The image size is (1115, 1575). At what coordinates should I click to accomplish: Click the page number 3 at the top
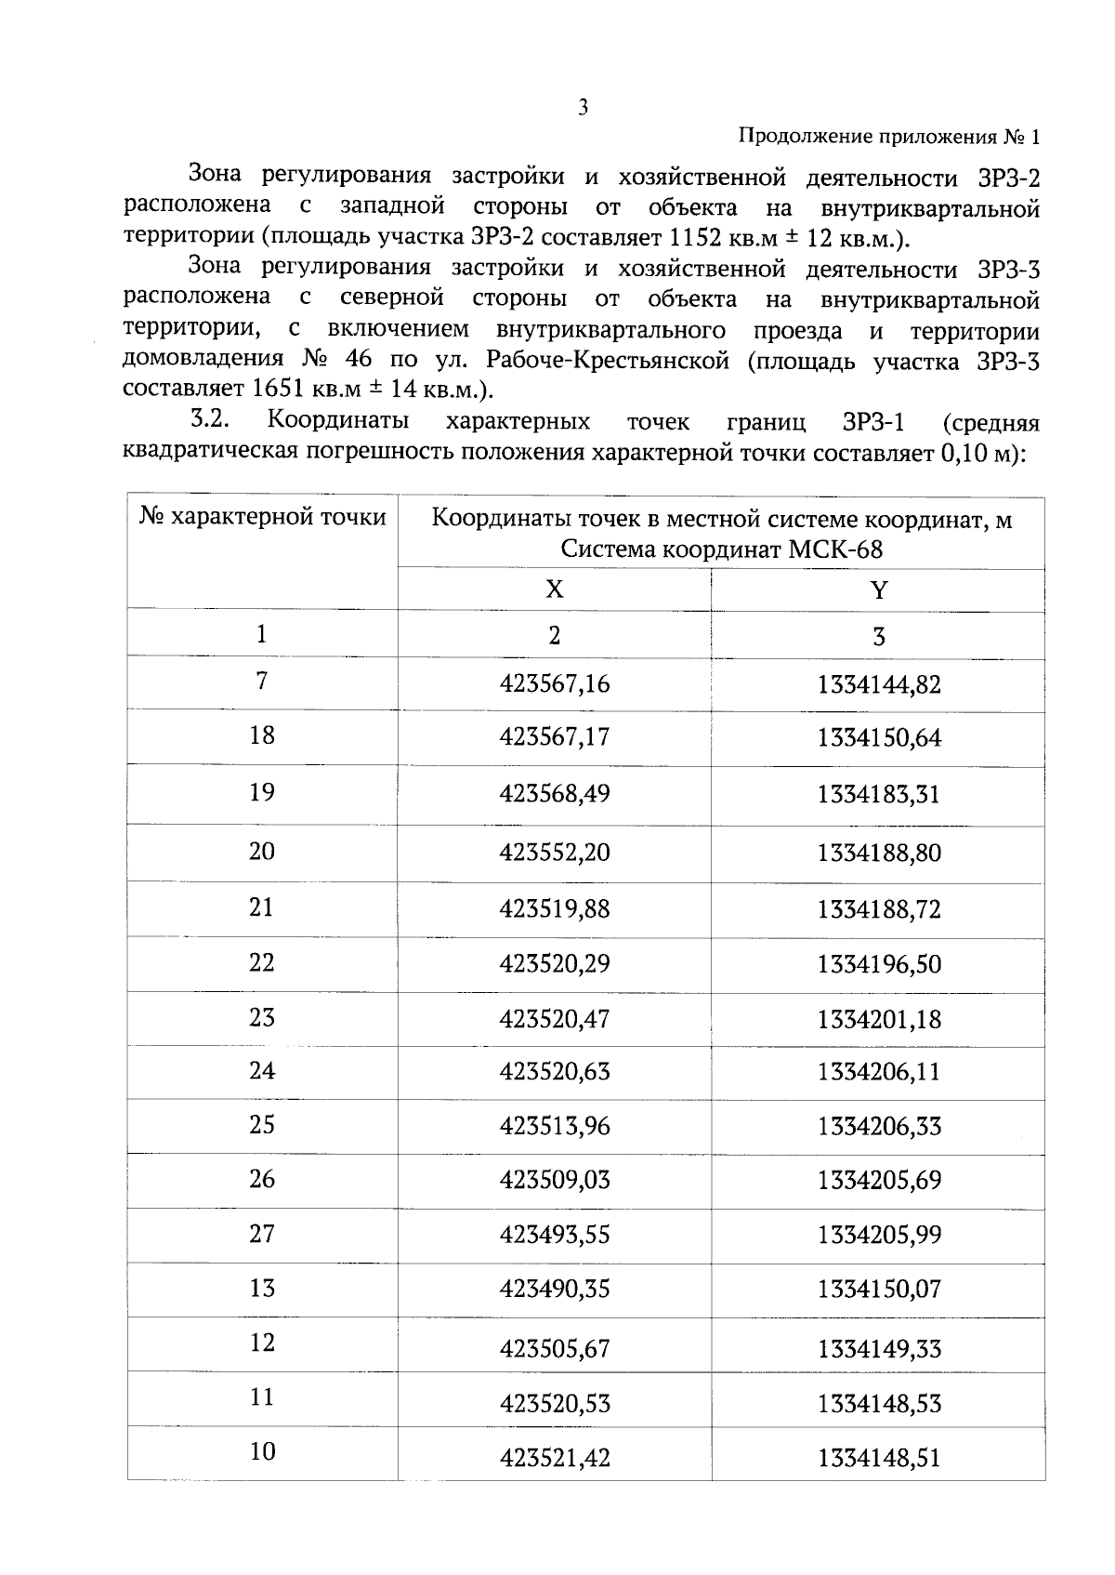[x=583, y=108]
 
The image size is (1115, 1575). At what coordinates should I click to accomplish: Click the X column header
[x=554, y=589]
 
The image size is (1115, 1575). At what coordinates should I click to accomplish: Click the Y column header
[x=878, y=590]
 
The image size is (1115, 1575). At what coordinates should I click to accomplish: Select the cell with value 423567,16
[x=555, y=684]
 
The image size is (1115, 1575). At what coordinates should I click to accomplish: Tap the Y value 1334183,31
[x=878, y=795]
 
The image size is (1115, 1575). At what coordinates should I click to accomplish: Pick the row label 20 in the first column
[x=262, y=851]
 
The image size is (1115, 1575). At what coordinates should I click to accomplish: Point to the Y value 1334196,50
[x=878, y=964]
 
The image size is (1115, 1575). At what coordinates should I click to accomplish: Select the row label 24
[x=262, y=1070]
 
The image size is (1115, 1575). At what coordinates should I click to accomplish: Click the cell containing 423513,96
[x=555, y=1126]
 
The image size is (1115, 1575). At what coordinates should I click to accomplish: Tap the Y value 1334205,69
[x=878, y=1180]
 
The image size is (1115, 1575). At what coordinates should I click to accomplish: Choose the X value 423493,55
[x=555, y=1235]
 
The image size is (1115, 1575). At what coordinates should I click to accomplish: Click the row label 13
[x=262, y=1288]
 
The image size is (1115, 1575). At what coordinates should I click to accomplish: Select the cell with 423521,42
[x=555, y=1458]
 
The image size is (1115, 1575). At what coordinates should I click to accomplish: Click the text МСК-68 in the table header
[x=835, y=549]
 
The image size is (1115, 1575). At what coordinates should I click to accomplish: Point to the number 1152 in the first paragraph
[x=695, y=238]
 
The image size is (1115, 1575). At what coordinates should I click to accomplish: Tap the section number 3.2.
[x=209, y=420]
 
